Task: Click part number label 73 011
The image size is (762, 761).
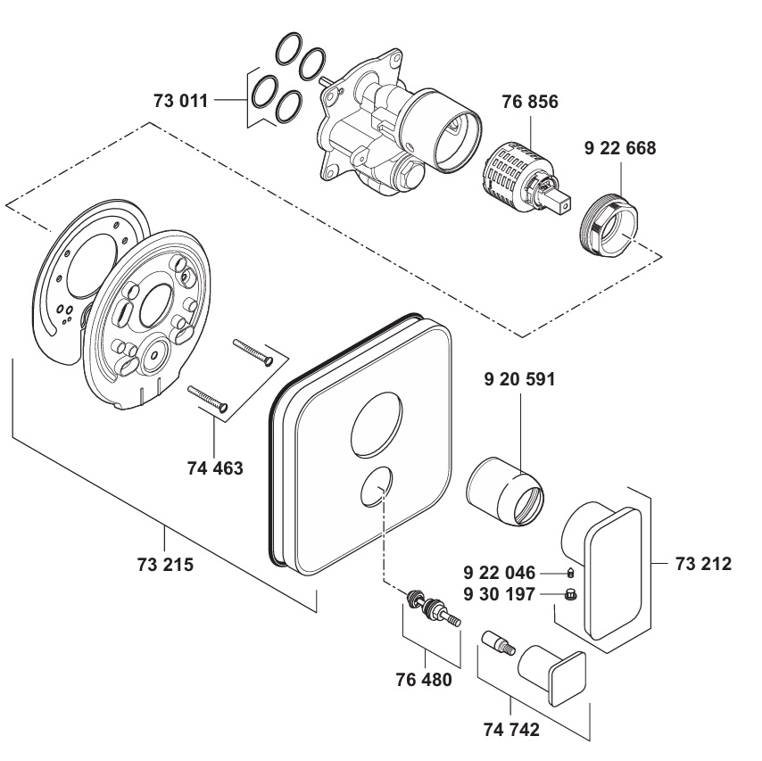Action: (181, 101)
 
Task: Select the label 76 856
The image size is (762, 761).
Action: (530, 102)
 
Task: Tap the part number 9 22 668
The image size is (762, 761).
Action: (620, 148)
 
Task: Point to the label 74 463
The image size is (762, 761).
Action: (215, 468)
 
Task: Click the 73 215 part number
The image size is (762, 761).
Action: (165, 565)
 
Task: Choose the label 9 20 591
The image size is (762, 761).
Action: (519, 379)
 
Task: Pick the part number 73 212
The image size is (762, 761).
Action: (703, 564)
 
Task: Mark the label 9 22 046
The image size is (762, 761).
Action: (499, 573)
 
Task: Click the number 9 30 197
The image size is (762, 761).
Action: (499, 594)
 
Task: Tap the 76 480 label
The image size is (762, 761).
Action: (424, 679)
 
